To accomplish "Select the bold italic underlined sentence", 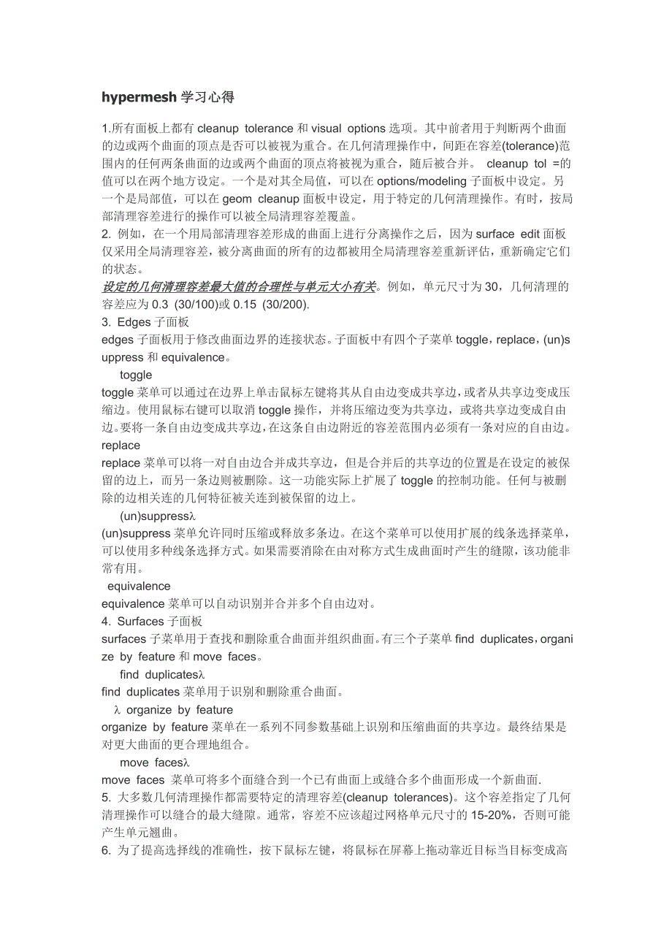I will pos(240,287).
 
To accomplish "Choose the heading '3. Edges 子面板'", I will pos(147,322).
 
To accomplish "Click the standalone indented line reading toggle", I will pos(136,375).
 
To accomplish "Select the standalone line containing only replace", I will pos(121,445).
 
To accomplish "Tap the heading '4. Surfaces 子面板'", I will pos(152,622).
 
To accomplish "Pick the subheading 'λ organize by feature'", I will pos(173,710).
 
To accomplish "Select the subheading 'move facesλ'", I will pos(154,763).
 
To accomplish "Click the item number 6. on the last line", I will pos(106,850).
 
